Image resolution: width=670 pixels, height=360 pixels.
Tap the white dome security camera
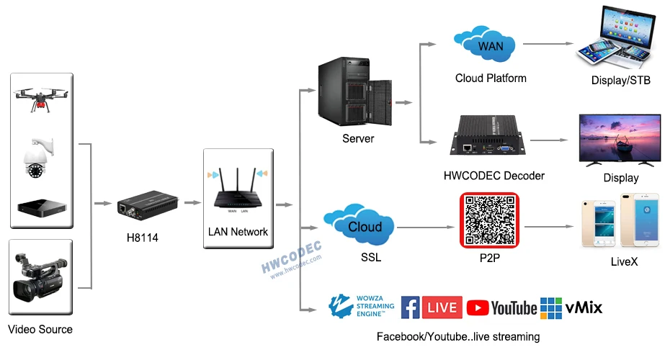37,158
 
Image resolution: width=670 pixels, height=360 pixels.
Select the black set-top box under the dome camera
42,207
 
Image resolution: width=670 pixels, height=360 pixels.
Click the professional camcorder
40,276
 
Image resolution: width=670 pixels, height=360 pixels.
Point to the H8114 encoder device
148,205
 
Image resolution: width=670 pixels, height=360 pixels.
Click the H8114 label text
143,238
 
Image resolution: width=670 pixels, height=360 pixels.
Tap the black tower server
354,92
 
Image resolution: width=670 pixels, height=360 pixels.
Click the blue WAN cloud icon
484,43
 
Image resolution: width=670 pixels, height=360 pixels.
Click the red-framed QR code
489,220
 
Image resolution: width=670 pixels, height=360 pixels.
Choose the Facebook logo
410,307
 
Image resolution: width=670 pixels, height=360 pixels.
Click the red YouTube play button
478,308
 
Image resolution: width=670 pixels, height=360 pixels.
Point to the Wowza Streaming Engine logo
362,306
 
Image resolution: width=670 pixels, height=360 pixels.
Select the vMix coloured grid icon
551,308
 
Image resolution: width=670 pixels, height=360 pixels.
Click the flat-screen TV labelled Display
620,140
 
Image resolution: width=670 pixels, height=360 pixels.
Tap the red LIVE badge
442,307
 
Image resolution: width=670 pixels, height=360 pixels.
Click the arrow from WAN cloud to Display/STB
548,43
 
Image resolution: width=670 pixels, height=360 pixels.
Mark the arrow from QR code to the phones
549,226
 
